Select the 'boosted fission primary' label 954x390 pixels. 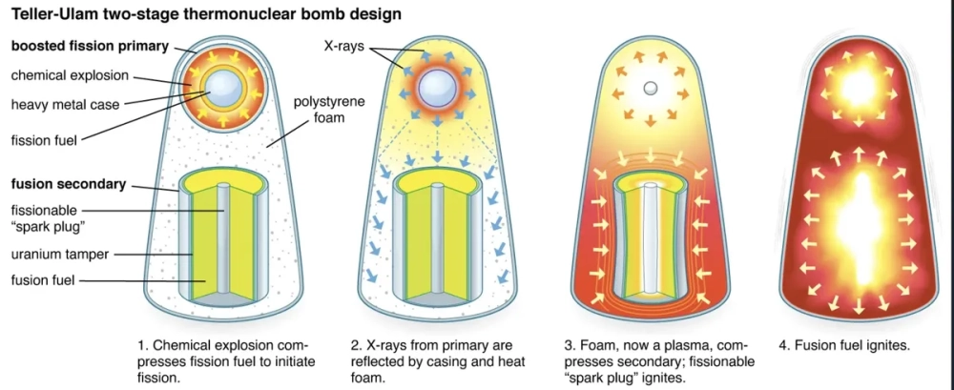coord(90,46)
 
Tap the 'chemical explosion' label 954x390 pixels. coord(71,75)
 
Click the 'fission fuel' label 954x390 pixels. coord(45,140)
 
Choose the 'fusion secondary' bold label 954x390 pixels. coord(70,185)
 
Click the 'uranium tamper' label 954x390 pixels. coord(61,254)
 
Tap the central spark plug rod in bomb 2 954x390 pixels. coord(437,237)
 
